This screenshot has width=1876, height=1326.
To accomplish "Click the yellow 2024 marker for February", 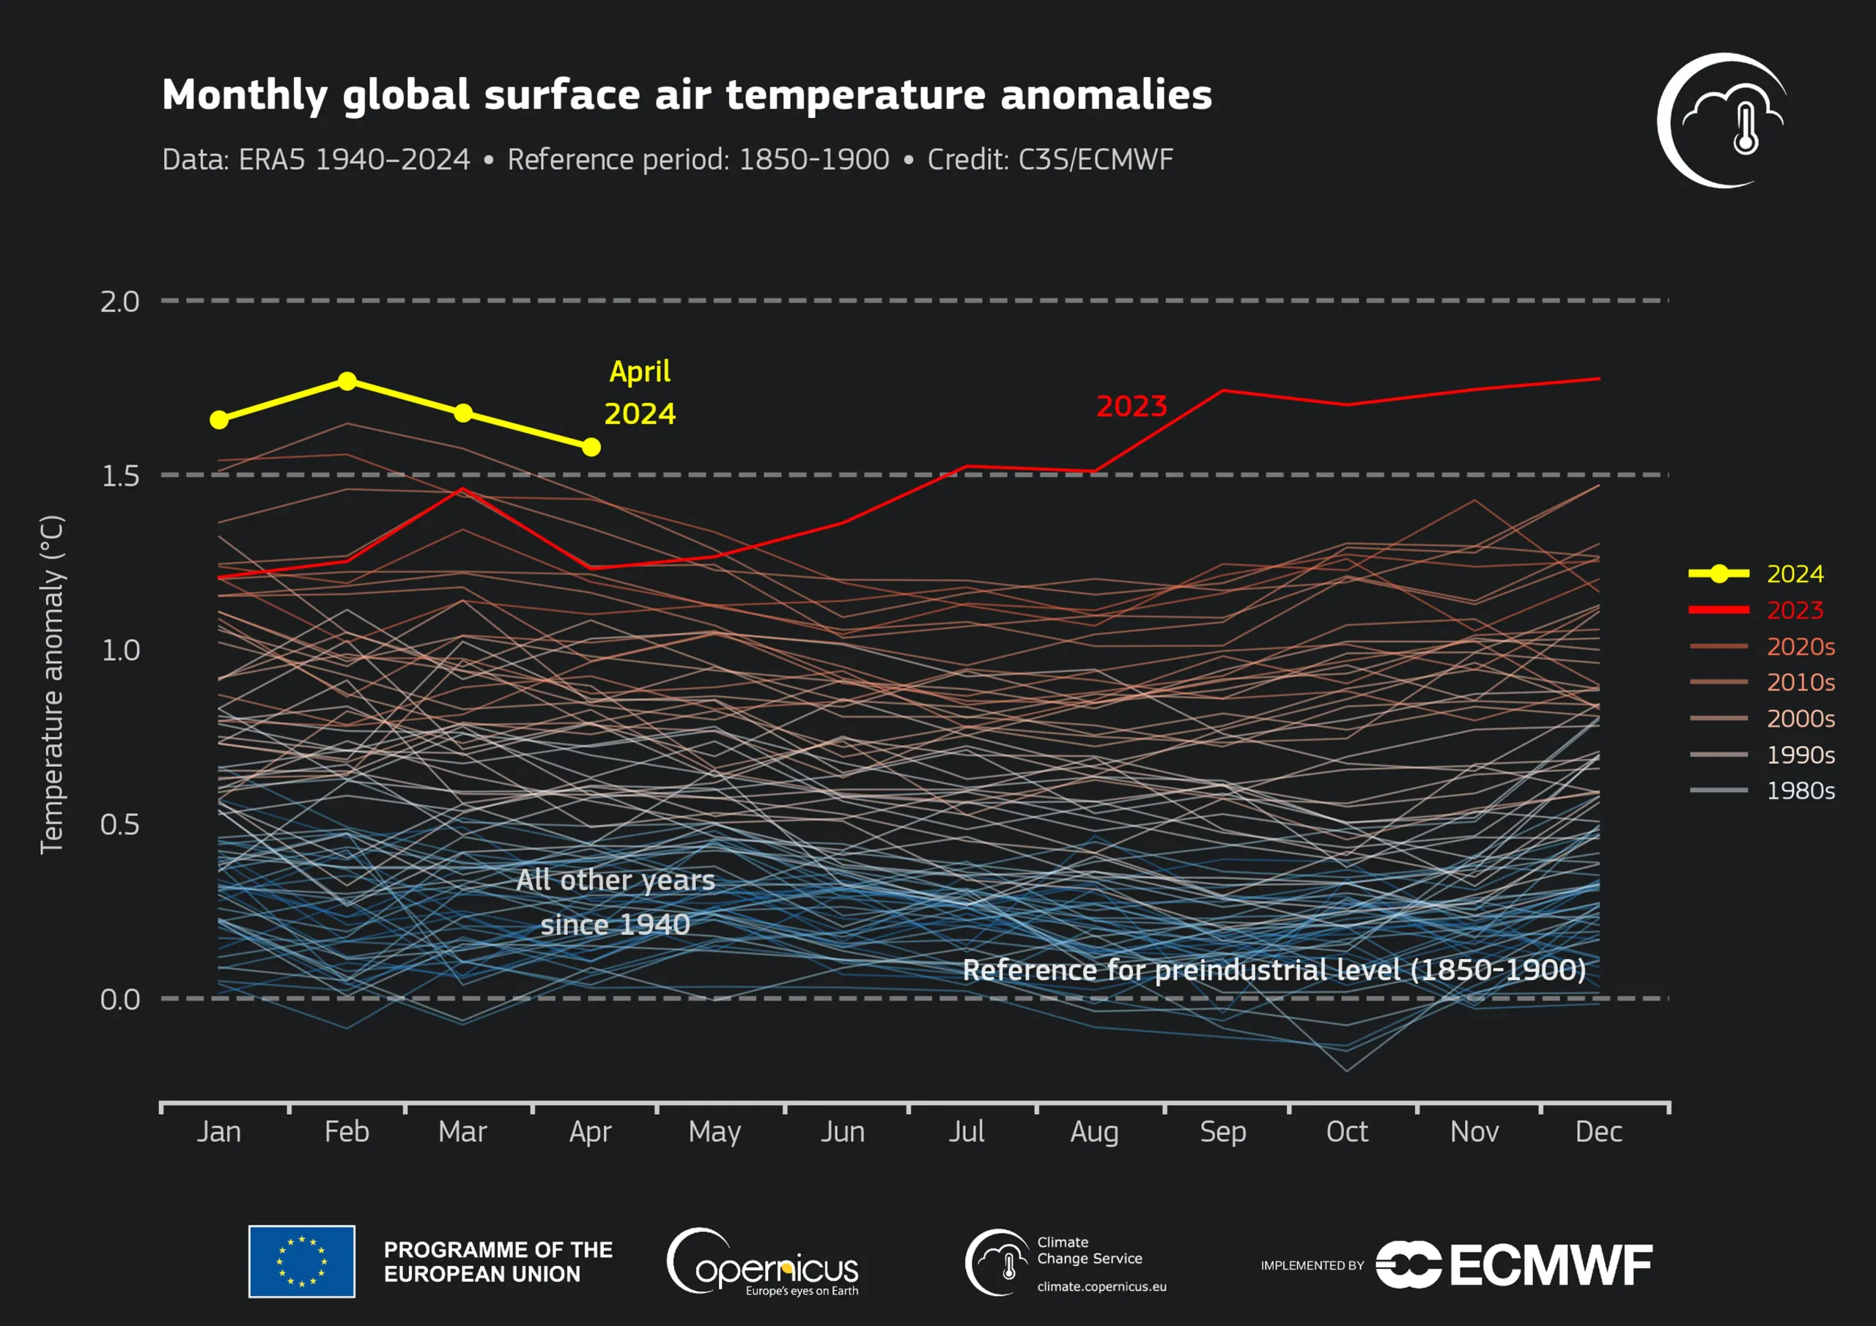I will (x=347, y=381).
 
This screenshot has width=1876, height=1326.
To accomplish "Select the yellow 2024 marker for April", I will (x=591, y=447).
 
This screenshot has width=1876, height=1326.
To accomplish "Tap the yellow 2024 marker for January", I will (x=219, y=419).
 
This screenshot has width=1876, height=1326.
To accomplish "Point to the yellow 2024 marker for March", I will (x=462, y=412).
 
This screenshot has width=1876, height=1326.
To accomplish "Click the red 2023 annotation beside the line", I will (x=1131, y=406).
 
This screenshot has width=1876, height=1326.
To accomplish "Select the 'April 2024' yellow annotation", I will (x=640, y=393).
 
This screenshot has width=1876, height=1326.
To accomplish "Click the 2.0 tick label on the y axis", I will (x=120, y=302).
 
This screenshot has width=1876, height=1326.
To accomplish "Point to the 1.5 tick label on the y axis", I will (x=120, y=475).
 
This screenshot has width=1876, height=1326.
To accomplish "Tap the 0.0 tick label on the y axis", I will (x=120, y=999).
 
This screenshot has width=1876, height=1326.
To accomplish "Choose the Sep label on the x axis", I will (x=1222, y=1132).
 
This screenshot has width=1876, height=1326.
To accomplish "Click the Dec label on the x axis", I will (x=1598, y=1132).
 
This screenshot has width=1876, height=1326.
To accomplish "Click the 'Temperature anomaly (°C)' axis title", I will (x=51, y=685).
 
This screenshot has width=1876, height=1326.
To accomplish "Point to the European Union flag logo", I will (x=301, y=1261).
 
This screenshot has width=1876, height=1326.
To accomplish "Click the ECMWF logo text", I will (x=1551, y=1264).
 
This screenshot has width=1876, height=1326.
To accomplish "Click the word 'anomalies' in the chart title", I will (x=1106, y=95).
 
